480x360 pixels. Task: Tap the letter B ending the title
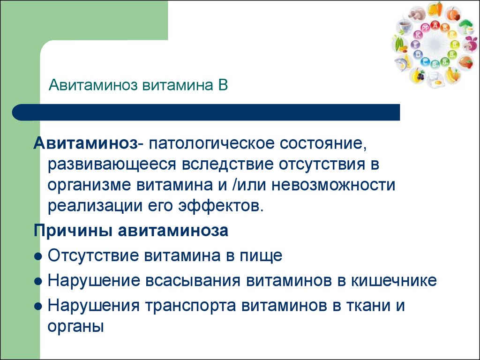(x=223, y=85)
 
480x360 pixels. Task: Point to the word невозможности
(x=333, y=185)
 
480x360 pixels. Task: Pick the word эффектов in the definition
(x=221, y=206)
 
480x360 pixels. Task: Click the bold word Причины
(x=73, y=231)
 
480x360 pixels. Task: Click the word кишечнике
(x=394, y=281)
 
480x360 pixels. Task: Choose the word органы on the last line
(x=75, y=327)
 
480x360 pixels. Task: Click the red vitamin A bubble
(x=435, y=25)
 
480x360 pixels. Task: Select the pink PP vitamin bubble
(x=425, y=28)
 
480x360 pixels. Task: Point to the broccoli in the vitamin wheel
(x=465, y=26)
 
